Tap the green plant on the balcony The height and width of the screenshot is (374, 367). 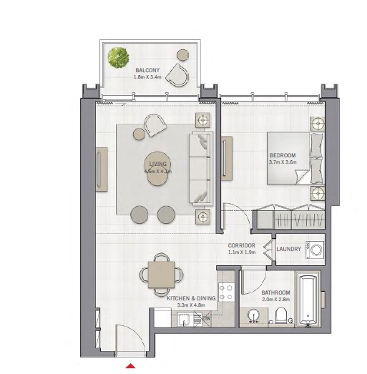pos(118,56)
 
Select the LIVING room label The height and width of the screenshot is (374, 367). pos(157,164)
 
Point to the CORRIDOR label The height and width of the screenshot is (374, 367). pos(241,245)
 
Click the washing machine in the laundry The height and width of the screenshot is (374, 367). pos(315,250)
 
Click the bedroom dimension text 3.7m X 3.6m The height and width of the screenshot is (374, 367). pos(283,162)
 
